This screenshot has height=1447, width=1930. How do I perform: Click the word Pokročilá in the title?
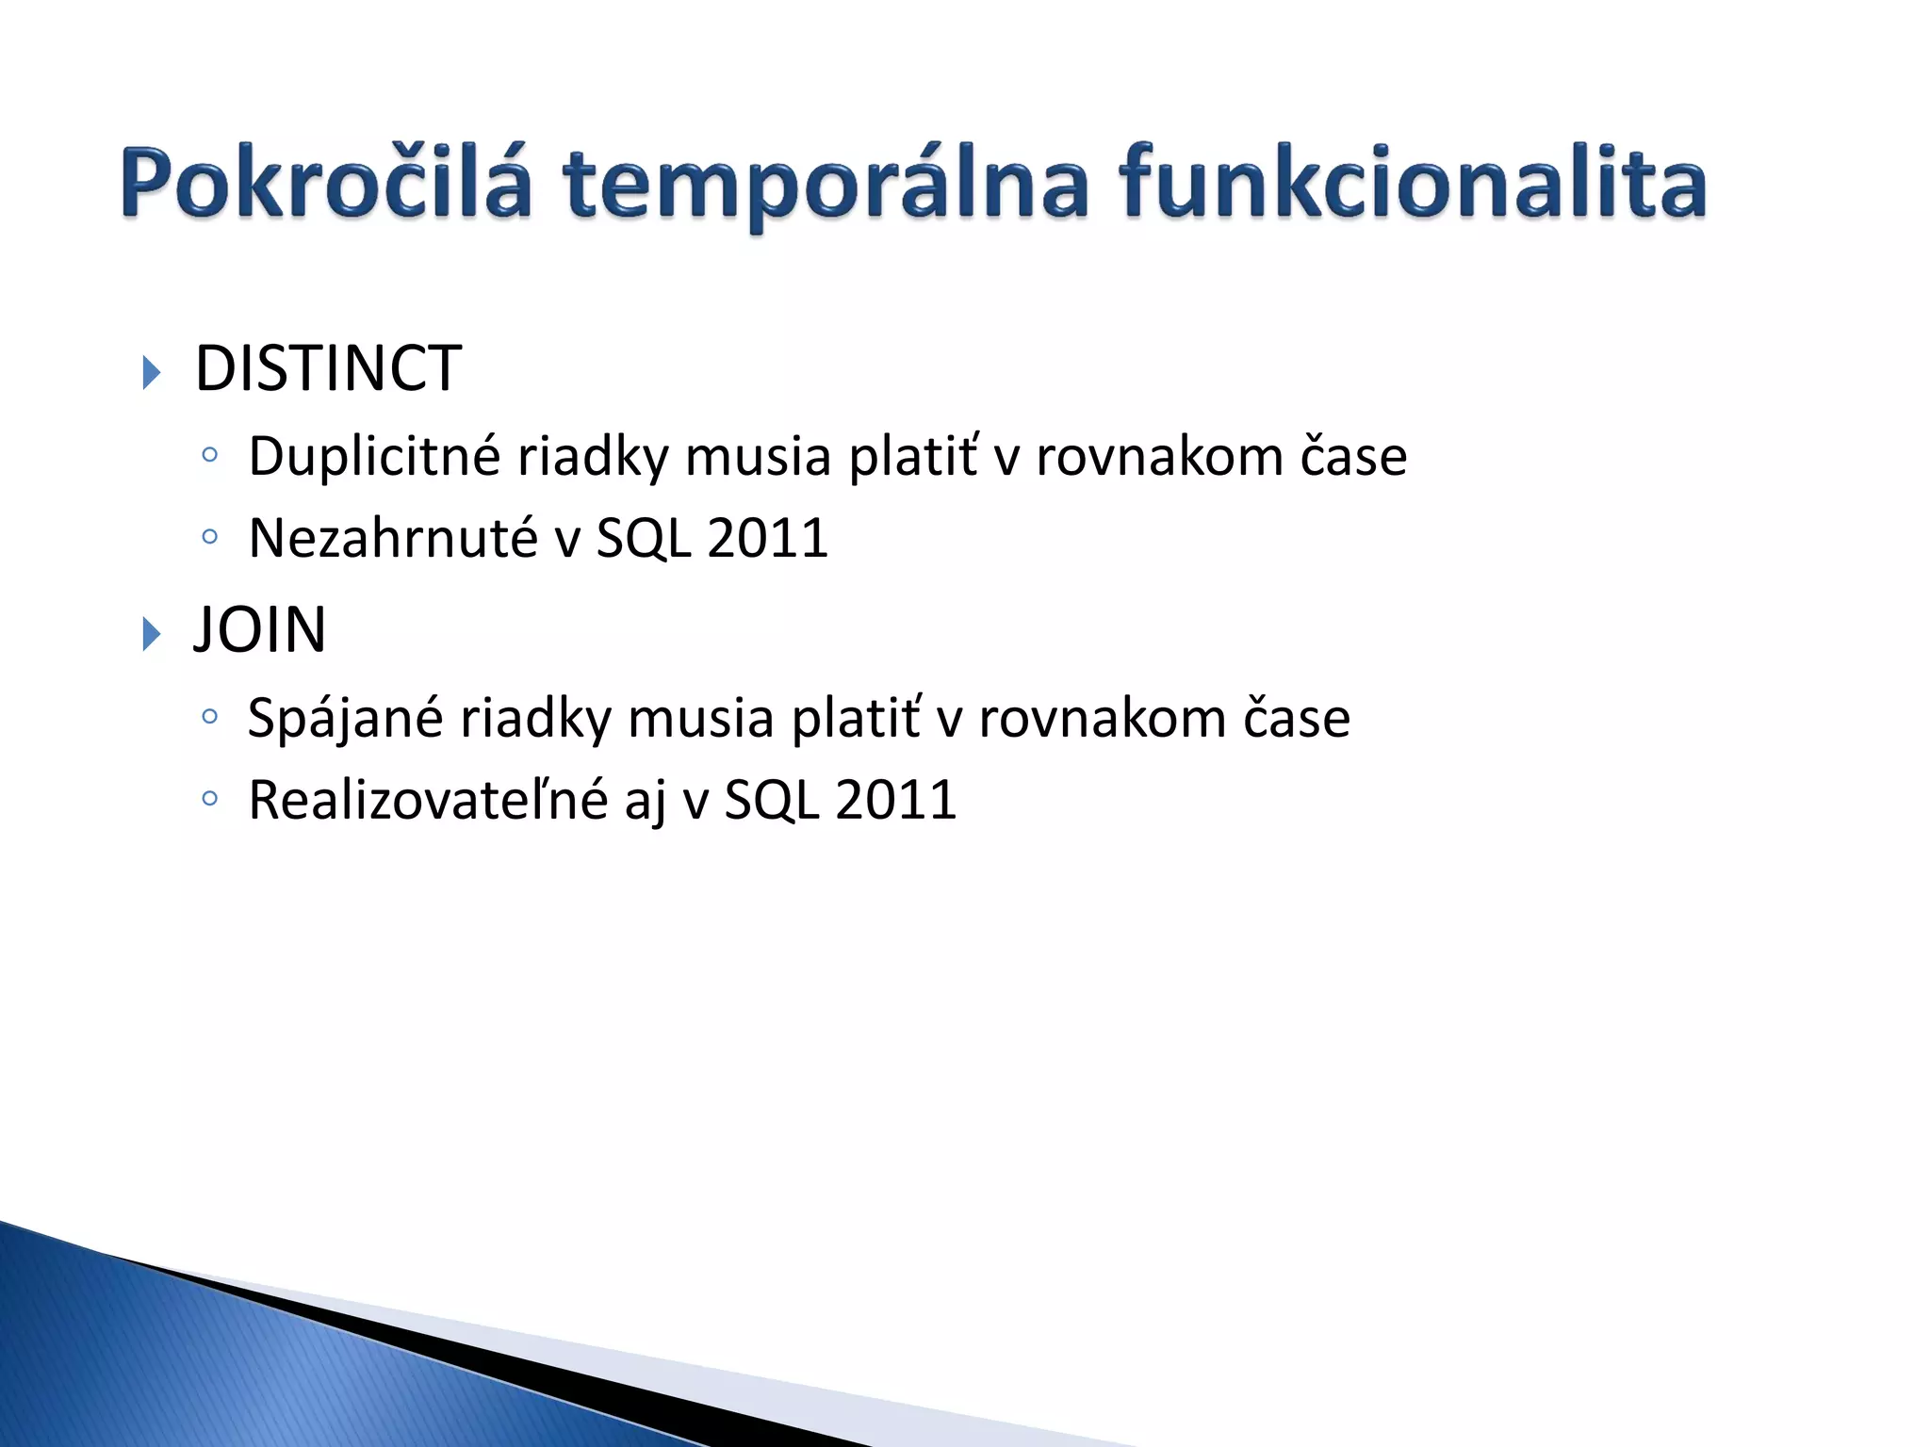pos(326,183)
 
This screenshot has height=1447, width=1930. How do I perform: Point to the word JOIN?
pos(260,629)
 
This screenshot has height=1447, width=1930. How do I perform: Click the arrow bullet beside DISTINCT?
pos(152,372)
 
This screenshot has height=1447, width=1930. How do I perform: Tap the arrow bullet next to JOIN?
pos(152,634)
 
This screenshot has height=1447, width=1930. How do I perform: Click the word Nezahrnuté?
pos(392,538)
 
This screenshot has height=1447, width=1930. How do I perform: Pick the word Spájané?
pos(345,719)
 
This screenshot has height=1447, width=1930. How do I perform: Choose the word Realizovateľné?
pos(427,801)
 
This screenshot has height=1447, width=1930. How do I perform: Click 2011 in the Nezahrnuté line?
pos(767,538)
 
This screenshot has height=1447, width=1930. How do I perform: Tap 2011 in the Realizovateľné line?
pos(895,801)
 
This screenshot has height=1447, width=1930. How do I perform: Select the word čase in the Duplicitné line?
pos(1353,457)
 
